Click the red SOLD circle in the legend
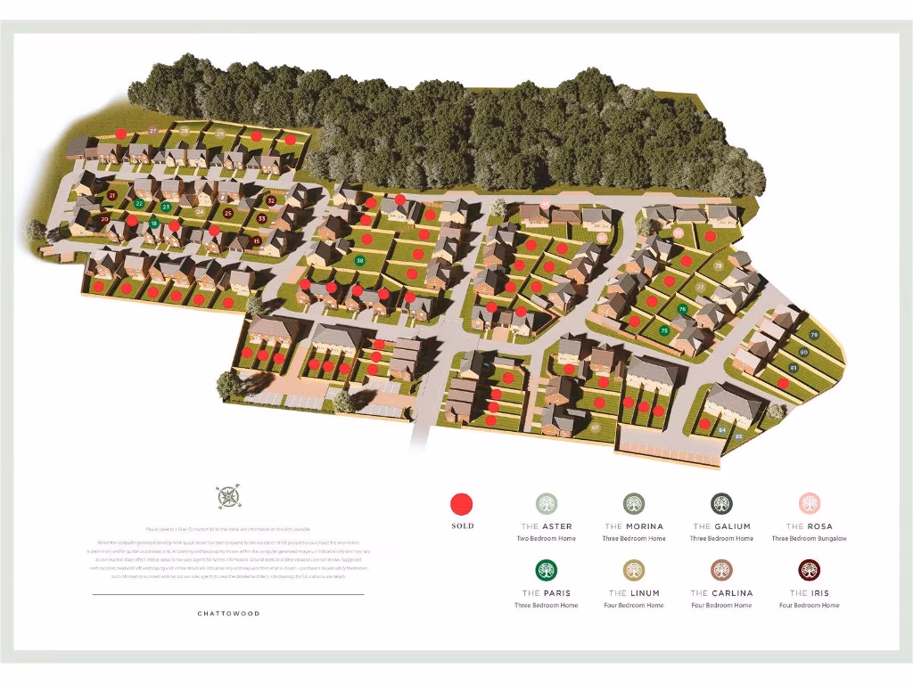[462, 504]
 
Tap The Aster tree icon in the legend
[546, 504]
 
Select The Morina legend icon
[634, 504]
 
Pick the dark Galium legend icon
[721, 504]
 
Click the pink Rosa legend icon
[809, 504]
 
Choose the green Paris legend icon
[546, 570]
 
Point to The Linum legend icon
[634, 570]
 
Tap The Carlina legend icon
[721, 570]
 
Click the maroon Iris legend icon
[809, 570]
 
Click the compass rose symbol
[228, 496]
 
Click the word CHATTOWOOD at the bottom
[228, 614]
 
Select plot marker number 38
[360, 261]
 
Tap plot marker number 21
[112, 195]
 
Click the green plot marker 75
[664, 330]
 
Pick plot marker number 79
[814, 335]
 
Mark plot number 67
[595, 428]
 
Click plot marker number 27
[153, 132]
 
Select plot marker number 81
[794, 367]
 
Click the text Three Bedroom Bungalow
[809, 539]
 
